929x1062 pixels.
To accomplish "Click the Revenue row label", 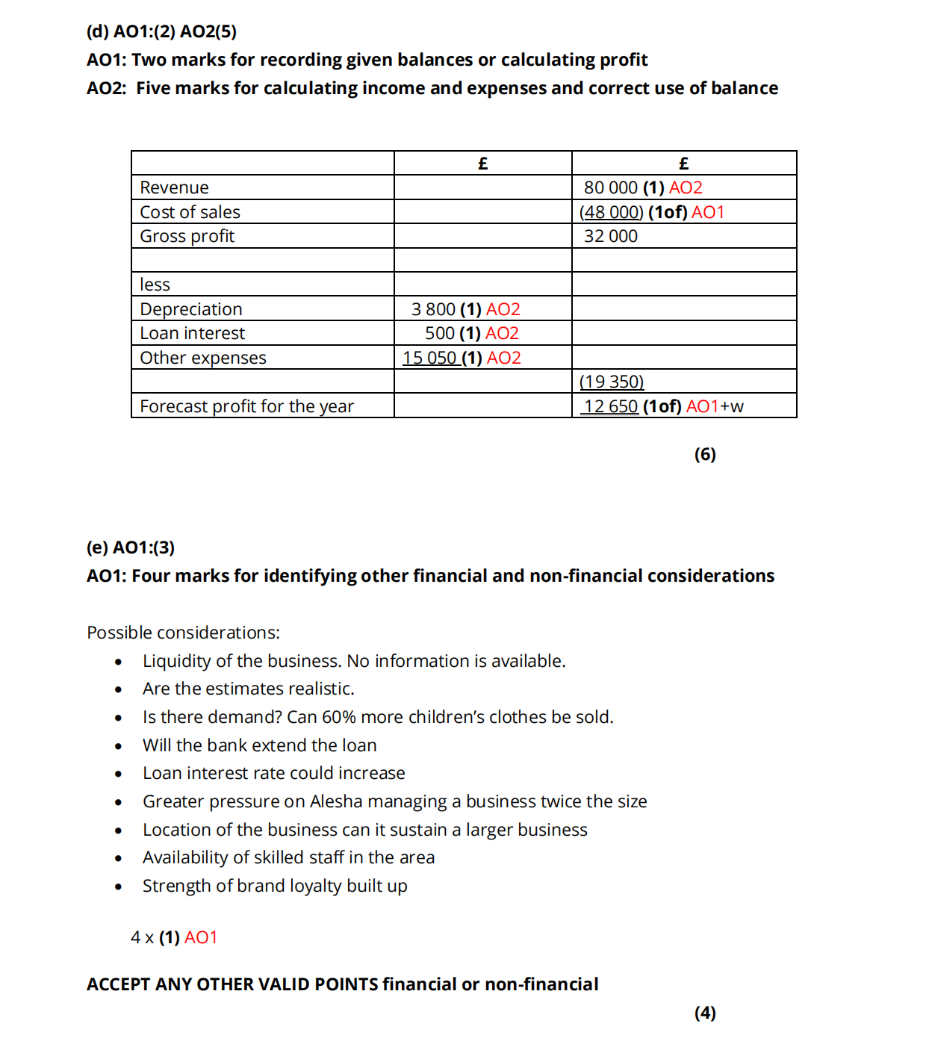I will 174,187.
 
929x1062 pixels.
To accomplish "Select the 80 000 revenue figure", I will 610,187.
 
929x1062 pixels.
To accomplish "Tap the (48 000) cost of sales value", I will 611,212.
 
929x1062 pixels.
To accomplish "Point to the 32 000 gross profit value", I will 610,236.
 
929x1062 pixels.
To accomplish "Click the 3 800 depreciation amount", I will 433,309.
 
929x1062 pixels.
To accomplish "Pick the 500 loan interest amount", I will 440,333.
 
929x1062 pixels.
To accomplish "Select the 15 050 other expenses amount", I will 429,358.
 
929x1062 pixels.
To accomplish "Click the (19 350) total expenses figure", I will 611,382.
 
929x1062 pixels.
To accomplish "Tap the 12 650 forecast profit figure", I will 610,406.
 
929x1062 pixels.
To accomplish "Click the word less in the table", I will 155,285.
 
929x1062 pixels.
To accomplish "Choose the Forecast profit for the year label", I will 246,406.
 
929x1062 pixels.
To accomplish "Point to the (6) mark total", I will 704,454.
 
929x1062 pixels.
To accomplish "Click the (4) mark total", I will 704,1013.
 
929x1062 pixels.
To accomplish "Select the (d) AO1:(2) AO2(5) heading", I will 161,31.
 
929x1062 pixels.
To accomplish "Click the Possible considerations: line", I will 183,633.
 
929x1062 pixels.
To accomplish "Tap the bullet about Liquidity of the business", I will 353,661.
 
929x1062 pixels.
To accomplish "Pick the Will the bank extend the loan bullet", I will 259,745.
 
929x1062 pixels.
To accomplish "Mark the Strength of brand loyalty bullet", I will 275,886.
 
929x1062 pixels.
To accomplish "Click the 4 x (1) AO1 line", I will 173,937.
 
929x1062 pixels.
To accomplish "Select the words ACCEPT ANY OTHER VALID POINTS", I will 232,984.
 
